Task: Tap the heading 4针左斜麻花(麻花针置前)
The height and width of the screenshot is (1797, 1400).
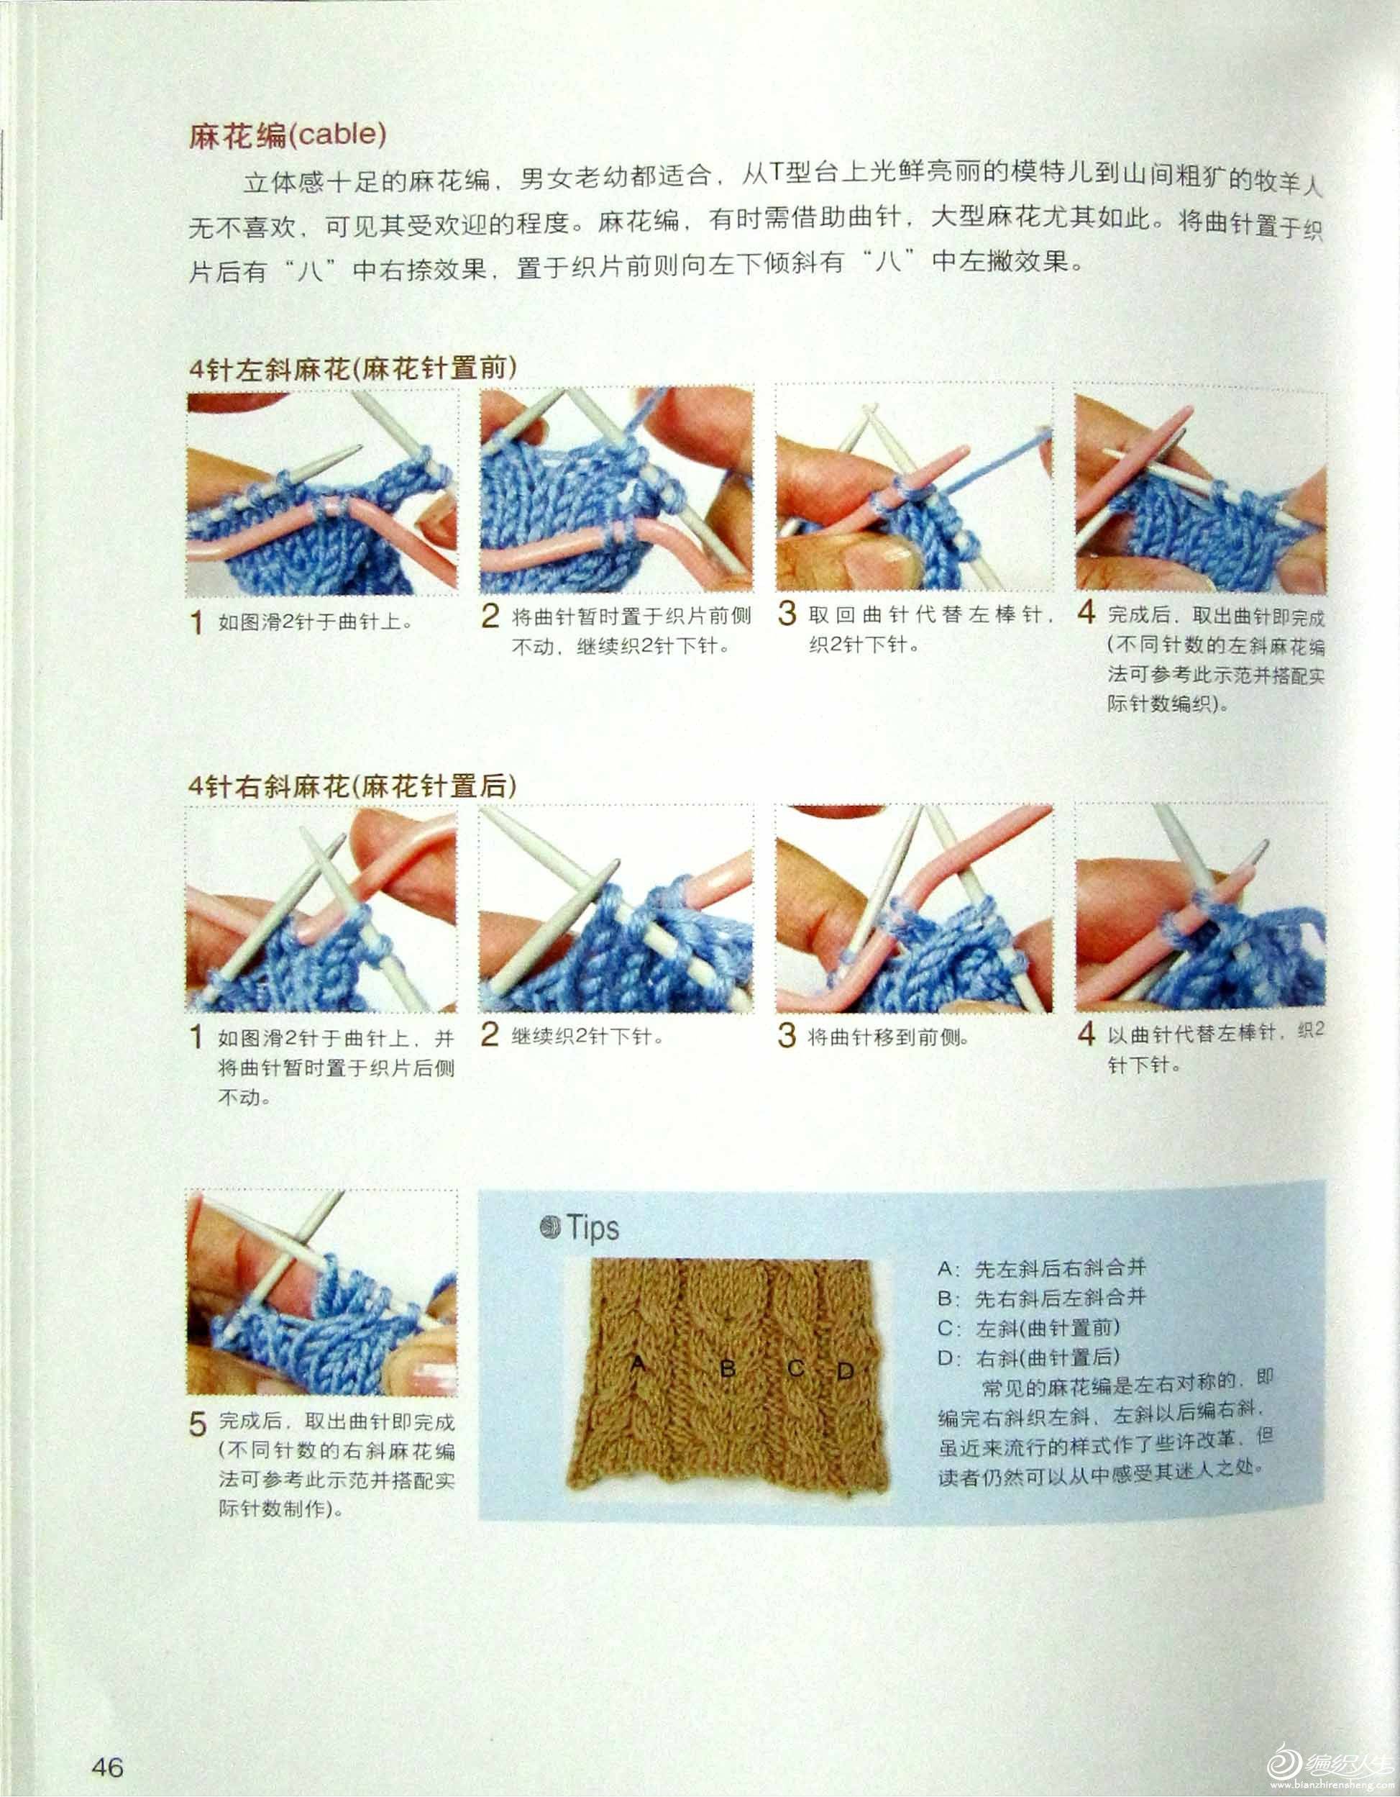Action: click(353, 368)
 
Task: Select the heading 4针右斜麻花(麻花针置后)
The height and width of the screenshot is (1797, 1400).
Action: click(353, 786)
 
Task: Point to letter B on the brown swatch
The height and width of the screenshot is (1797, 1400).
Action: click(728, 1369)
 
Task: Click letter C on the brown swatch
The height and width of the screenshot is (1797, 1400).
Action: click(795, 1368)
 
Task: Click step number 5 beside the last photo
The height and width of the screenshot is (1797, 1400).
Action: click(198, 1424)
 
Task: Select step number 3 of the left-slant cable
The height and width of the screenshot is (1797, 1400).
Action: click(787, 614)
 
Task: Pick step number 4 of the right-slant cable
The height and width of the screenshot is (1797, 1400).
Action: click(1086, 1034)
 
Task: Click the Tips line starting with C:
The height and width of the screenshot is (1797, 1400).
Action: click(1028, 1328)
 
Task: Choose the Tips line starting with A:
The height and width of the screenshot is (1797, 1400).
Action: click(1041, 1269)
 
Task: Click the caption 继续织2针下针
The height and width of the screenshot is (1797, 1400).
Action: click(587, 1037)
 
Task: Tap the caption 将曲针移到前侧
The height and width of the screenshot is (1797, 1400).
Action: click(887, 1037)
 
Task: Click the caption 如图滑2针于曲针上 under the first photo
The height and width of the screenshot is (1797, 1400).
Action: click(314, 622)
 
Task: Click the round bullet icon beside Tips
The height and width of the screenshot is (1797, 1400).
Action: click(549, 1228)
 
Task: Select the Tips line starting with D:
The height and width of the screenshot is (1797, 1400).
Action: click(1028, 1357)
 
